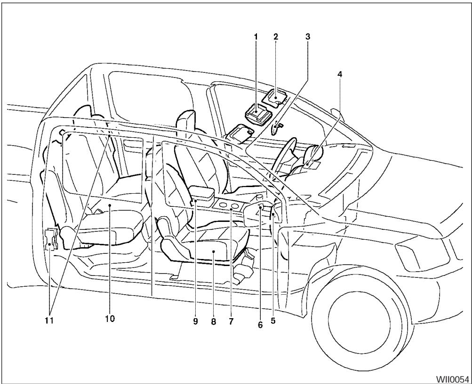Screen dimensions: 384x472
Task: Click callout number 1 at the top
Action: [256, 36]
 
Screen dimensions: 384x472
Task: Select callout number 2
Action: [276, 36]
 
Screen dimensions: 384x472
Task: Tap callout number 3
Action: [308, 36]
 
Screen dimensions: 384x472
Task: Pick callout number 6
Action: [260, 324]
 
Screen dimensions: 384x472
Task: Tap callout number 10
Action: [109, 319]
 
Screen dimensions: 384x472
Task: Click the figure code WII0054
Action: [453, 378]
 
